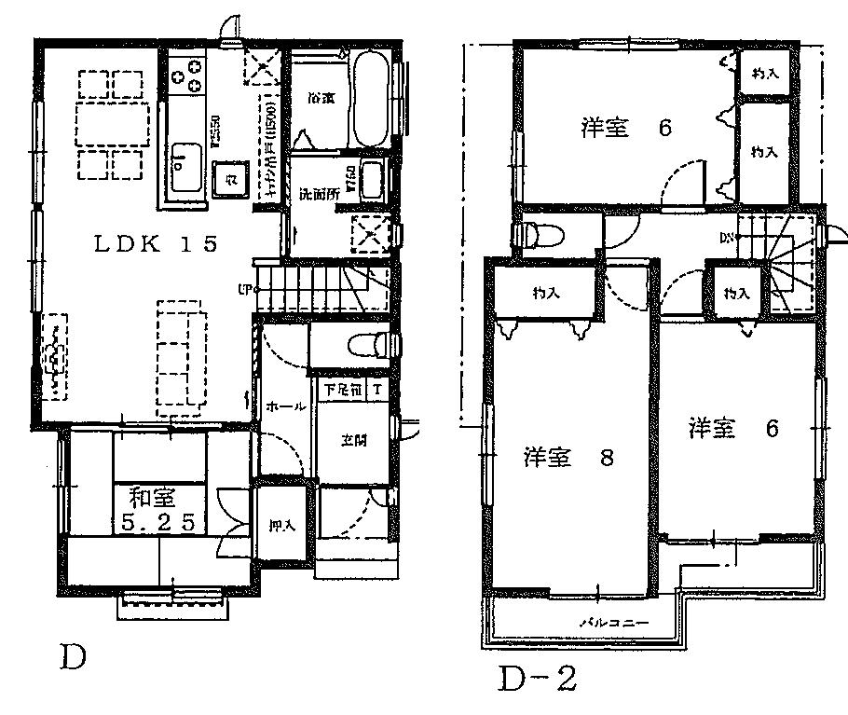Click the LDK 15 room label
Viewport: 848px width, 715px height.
point(156,244)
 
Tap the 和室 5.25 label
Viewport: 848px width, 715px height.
point(157,509)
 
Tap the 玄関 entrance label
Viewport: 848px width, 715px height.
point(352,440)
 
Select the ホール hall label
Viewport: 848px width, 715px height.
point(282,406)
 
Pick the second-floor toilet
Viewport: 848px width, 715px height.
point(535,235)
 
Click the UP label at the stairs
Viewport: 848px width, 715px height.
point(246,289)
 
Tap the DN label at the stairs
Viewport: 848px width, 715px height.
point(726,238)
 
